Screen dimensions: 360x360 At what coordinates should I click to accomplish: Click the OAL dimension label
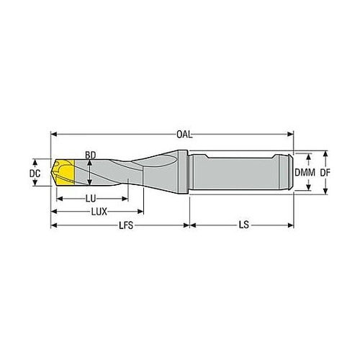(184, 135)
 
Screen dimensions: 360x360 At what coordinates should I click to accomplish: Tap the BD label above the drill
(91, 156)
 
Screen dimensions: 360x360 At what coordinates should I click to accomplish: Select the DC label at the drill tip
(35, 174)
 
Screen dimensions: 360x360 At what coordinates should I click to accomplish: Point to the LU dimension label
(91, 199)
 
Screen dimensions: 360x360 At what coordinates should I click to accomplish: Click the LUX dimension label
(99, 212)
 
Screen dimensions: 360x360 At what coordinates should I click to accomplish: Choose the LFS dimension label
(126, 225)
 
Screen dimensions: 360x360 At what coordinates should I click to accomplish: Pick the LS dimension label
(244, 225)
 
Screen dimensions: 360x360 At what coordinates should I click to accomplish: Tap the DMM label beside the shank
(305, 172)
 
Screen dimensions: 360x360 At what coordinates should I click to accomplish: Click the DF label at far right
(325, 172)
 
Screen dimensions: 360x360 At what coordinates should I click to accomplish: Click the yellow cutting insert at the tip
(64, 172)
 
